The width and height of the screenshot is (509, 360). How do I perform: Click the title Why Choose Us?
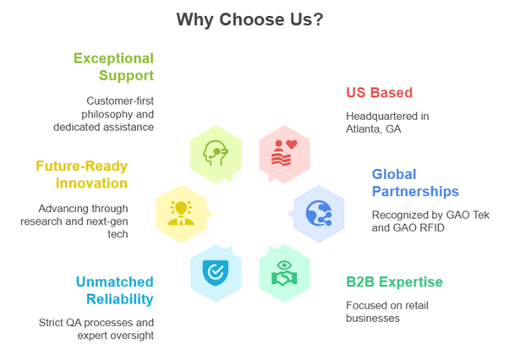pos(249,19)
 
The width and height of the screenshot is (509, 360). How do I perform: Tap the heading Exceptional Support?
pos(113,67)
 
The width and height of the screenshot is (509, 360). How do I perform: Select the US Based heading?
pos(379,92)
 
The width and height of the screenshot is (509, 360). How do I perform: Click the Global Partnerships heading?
pos(415,183)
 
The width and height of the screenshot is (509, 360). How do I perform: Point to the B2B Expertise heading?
pos(394,282)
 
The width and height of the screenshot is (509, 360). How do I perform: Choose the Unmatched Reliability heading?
pos(115,291)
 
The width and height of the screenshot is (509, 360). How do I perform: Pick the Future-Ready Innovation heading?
pos(82,174)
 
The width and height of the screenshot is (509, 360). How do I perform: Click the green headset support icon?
pos(216,153)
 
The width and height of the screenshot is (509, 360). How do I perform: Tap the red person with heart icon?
pos(284,153)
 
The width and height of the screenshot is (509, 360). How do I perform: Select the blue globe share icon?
pos(319,213)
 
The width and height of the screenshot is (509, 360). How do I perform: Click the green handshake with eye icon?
pos(284,273)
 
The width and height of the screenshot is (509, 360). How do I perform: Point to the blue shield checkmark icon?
pos(216,273)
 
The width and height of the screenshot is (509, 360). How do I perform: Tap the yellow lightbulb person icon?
pos(181,213)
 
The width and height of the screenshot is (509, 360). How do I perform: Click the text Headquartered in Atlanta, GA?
pos(387,123)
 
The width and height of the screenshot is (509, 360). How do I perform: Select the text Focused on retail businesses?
pos(387,312)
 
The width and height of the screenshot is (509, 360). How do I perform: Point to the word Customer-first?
pos(120,101)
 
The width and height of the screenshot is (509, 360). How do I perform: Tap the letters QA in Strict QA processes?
pos(74,323)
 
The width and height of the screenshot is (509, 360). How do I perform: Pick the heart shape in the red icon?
pos(292,145)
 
